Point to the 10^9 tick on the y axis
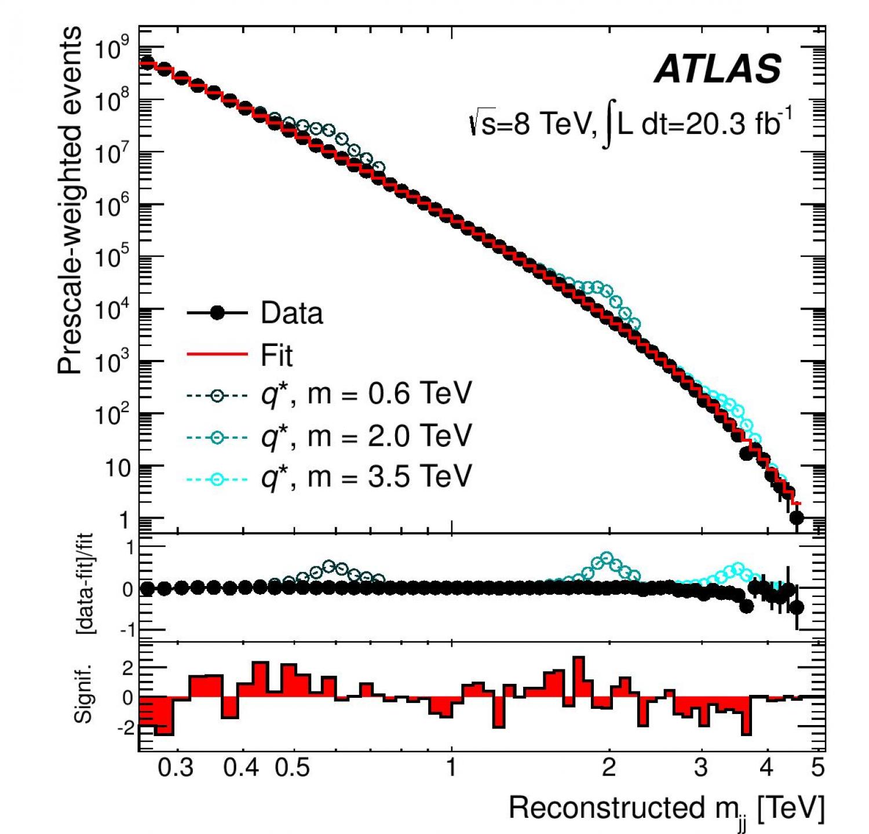114,50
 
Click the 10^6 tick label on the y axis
114,206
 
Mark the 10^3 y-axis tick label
114,363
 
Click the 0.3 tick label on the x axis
176,768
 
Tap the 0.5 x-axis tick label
293,768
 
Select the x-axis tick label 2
608,768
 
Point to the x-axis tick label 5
817,768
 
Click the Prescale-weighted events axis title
70,200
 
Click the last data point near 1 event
797,518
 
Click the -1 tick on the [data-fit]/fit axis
126,630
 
